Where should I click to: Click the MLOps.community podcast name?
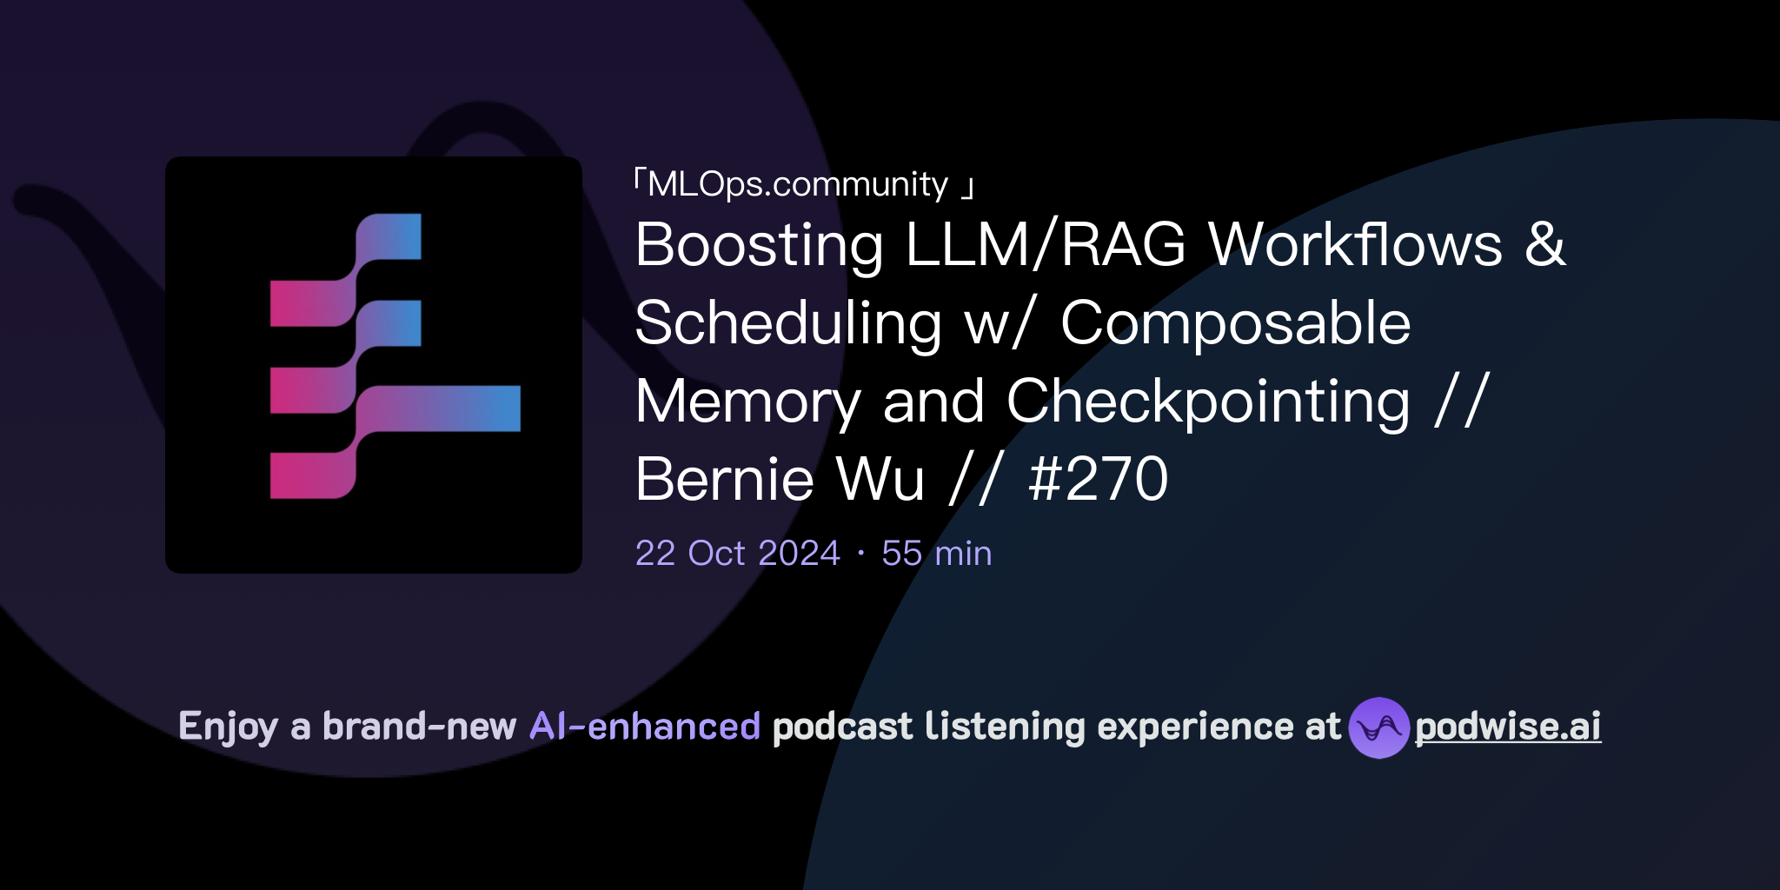[798, 184]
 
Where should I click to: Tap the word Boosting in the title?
[759, 246]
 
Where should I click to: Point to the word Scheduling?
[787, 324]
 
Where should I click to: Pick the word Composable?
[1235, 323]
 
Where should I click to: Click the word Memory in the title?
[747, 402]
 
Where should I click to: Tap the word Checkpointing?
[1208, 402]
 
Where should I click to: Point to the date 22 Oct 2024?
[737, 554]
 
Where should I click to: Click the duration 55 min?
[936, 554]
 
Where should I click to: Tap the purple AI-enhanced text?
[645, 727]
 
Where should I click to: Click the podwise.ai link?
[1507, 727]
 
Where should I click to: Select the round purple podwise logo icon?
[1378, 727]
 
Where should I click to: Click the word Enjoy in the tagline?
[228, 727]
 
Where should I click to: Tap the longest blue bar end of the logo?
[495, 408]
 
